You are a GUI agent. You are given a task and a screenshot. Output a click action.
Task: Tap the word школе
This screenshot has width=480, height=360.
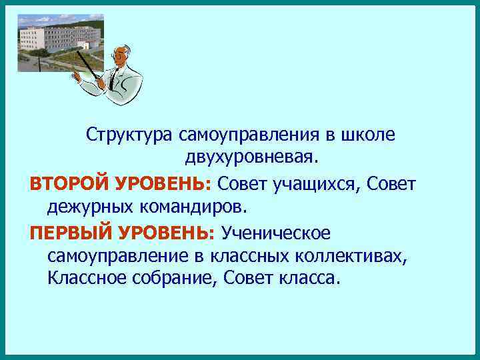click(x=367, y=135)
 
